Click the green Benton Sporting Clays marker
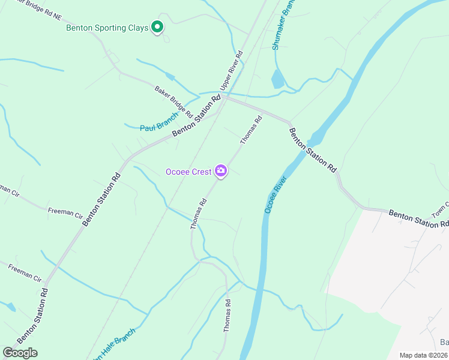click(157, 27)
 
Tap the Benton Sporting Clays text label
click(107, 28)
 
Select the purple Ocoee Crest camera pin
click(221, 172)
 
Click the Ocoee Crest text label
click(188, 172)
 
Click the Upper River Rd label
click(231, 71)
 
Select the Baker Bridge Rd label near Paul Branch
click(173, 101)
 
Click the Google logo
click(20, 353)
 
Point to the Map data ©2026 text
click(423, 355)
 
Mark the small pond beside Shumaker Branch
click(277, 80)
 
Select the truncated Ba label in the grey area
click(444, 343)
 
